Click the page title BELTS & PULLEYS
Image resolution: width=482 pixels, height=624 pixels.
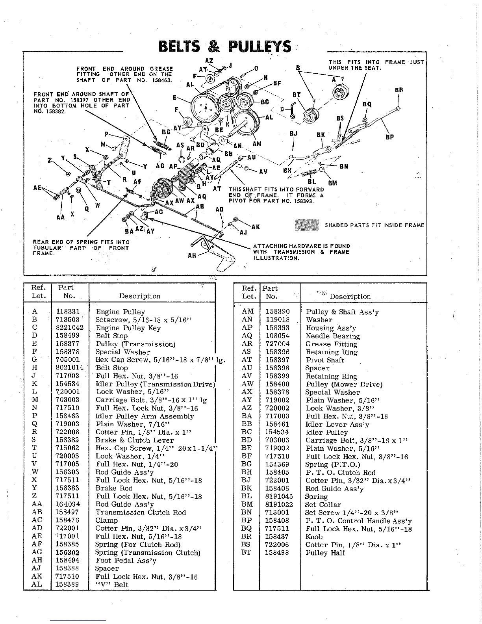pos(224,47)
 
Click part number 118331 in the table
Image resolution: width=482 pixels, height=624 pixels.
pos(68,312)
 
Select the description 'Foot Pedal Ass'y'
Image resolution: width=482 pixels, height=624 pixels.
pos(126,560)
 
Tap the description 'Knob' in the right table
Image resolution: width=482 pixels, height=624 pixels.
pos(314,537)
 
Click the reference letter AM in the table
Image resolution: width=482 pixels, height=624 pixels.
pos(247,312)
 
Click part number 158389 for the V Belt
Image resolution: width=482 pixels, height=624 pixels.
pos(68,584)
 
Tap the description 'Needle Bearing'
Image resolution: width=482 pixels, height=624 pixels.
pos(333,336)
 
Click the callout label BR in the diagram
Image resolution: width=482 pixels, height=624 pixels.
pos(399,90)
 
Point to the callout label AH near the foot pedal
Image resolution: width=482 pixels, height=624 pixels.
pos(192,255)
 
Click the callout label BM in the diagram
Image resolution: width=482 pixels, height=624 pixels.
pos(332,183)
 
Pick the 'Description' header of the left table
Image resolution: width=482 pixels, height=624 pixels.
pos(140,296)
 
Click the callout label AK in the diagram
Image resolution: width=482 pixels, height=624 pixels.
pos(256,227)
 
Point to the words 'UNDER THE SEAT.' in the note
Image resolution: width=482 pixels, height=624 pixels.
pos(355,68)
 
